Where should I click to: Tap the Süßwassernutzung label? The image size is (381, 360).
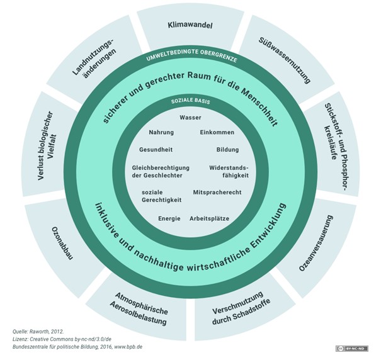[x=285, y=60]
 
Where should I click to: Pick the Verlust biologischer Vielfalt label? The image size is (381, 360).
[x=50, y=146]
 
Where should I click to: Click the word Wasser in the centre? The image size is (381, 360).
[x=190, y=118]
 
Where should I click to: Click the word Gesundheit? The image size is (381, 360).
[x=156, y=150]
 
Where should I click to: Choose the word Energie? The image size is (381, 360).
[x=169, y=218]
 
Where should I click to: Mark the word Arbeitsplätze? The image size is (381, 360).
[x=209, y=218]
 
